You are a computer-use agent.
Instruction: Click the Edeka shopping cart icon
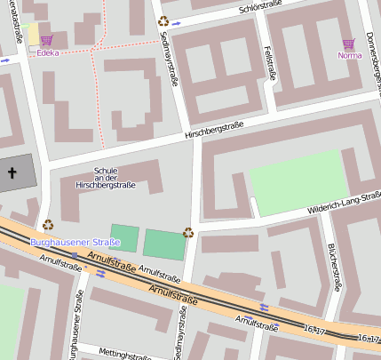46,40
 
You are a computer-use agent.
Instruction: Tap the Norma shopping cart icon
348,43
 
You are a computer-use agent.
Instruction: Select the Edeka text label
49,53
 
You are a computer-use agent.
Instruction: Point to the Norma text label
350,55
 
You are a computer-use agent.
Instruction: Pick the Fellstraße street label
268,62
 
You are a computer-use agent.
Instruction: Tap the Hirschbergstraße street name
213,132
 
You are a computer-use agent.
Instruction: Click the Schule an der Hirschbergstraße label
106,178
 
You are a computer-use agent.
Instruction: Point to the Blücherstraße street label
333,267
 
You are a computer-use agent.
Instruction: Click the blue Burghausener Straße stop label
75,242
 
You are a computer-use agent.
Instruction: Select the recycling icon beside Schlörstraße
163,21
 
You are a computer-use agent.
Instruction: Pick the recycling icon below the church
48,225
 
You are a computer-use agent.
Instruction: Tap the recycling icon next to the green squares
188,233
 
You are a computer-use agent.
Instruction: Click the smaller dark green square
125,237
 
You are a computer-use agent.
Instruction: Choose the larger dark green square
164,244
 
